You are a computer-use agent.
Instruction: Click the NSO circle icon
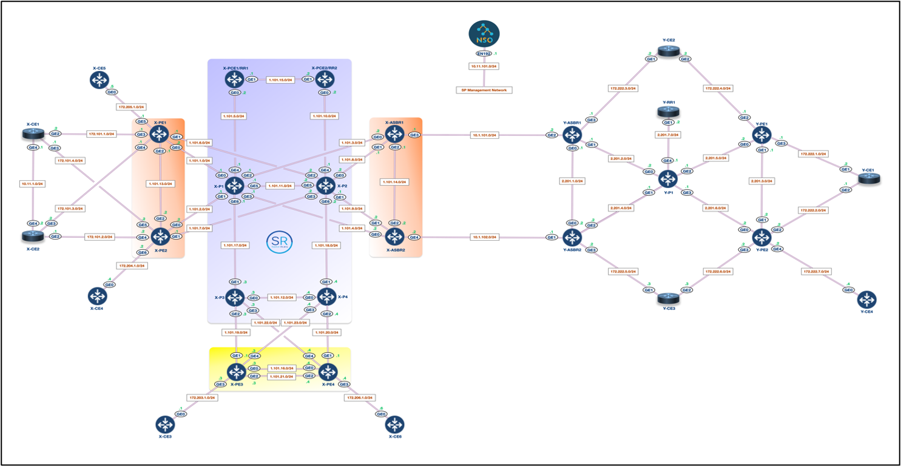point(484,35)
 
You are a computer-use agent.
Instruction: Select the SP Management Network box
point(484,90)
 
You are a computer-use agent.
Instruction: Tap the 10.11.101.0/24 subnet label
point(484,66)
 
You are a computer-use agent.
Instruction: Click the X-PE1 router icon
point(160,134)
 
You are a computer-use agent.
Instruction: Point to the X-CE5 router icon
point(99,79)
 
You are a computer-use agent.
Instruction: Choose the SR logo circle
point(279,243)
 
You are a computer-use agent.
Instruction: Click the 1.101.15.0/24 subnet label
point(280,79)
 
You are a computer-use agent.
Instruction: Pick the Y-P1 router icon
point(668,179)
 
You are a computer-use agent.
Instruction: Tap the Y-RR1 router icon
point(668,112)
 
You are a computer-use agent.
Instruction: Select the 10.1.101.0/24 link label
point(485,135)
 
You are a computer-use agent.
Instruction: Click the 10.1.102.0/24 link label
point(485,237)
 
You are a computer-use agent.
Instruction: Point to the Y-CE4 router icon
point(867,299)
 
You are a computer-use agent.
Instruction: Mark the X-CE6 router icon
point(395,423)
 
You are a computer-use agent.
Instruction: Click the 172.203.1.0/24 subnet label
point(201,398)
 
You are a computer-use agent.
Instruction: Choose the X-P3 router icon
point(234,297)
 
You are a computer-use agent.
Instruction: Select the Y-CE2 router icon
point(669,52)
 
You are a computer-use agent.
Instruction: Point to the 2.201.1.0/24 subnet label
point(572,181)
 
